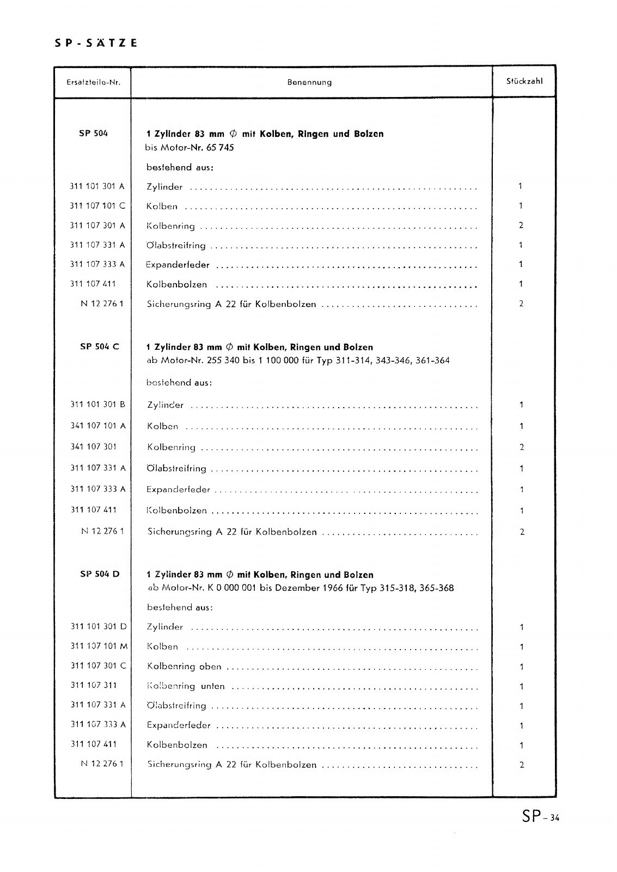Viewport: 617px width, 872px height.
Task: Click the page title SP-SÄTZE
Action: tap(96, 43)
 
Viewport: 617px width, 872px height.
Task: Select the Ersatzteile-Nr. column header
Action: tap(93, 83)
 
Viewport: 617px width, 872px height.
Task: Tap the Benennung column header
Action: tap(309, 83)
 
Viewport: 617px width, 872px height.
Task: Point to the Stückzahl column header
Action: tap(524, 82)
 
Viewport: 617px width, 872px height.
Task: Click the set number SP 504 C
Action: tap(99, 347)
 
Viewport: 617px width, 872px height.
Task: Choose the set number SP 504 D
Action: tap(99, 574)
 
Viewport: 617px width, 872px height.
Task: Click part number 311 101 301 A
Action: tap(97, 186)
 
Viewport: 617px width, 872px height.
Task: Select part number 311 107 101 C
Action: tap(97, 206)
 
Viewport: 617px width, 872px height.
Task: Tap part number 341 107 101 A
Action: tap(98, 426)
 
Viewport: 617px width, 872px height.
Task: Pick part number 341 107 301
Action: tap(94, 446)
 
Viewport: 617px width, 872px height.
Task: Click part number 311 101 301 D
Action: tap(99, 627)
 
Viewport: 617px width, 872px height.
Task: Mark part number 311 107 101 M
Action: tap(99, 646)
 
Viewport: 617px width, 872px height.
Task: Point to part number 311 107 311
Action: tap(94, 686)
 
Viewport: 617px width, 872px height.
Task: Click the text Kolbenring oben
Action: tap(184, 667)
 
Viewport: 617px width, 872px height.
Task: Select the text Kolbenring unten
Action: tap(186, 686)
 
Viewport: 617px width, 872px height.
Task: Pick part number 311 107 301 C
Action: tap(99, 666)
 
